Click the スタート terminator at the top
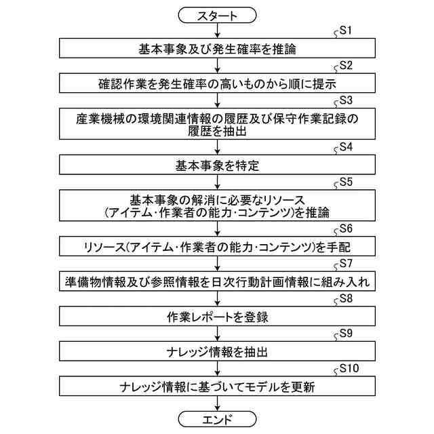click(217, 14)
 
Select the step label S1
click(346, 31)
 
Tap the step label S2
click(346, 66)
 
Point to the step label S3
click(346, 100)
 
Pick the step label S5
click(346, 182)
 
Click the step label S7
click(346, 262)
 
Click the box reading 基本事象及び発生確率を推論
click(217, 49)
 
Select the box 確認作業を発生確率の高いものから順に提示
click(217, 83)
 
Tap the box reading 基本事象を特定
click(217, 165)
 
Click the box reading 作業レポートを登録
click(217, 316)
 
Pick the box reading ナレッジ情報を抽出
click(217, 351)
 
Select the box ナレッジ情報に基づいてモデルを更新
click(217, 387)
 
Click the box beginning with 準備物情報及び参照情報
click(217, 281)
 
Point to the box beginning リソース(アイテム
click(217, 245)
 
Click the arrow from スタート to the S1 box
click(217, 31)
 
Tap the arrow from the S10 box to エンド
click(217, 403)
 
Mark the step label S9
click(346, 333)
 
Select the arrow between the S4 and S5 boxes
click(217, 181)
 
